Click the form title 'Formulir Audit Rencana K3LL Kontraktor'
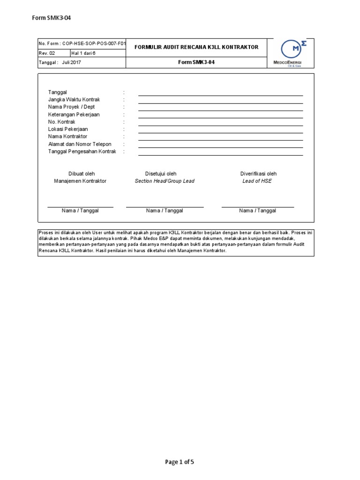click(196, 47)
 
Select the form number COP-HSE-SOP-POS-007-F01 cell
click(82, 44)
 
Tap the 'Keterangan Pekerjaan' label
click(74, 114)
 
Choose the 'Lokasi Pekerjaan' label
click(68, 129)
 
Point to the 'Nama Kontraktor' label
click(68, 136)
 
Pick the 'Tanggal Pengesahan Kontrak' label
click(82, 151)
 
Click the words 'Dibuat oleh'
click(82, 173)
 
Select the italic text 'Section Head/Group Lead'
click(165, 181)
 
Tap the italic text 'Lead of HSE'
click(257, 181)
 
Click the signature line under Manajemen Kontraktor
click(80, 206)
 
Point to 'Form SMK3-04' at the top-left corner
click(52, 18)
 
